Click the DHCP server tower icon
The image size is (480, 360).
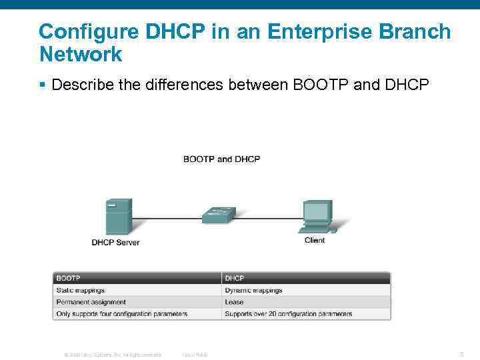coord(119,216)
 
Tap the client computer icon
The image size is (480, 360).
coord(316,216)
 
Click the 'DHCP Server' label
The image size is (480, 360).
coord(115,243)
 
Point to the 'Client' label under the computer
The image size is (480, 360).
coord(315,240)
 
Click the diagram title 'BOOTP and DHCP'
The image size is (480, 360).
coord(221,159)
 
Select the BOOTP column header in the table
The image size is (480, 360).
coord(69,278)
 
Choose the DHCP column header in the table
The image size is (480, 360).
coord(234,278)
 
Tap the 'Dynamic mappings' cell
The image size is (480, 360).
coord(253,290)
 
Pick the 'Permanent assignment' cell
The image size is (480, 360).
coord(91,302)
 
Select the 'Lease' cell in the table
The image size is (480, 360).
coord(234,302)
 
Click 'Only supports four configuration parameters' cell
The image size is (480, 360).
coord(121,314)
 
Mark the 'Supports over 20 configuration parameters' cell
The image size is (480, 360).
coord(288,314)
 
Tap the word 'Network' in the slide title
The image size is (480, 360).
coord(81,54)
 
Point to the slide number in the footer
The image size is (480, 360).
coord(461,355)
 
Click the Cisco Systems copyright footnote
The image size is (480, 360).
coord(113,355)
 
